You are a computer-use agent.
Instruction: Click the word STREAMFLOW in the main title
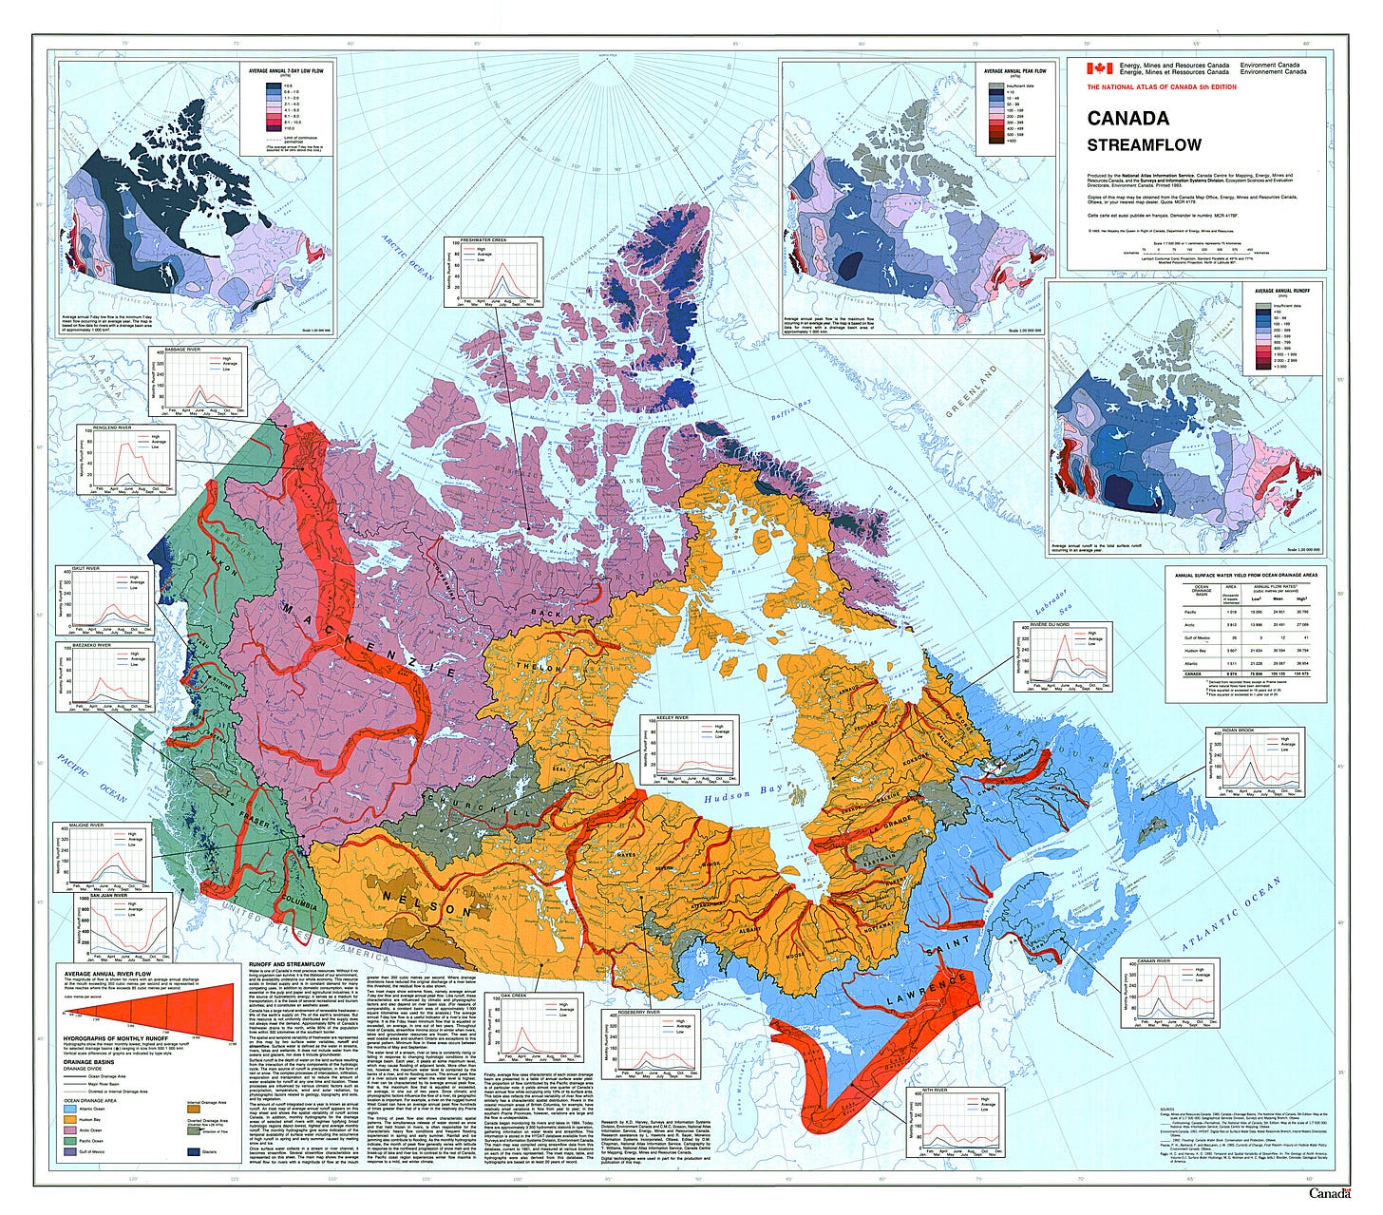coord(1144,145)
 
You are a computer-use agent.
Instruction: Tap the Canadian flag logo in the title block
coord(1098,68)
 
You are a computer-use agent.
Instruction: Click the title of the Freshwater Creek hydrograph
coord(483,240)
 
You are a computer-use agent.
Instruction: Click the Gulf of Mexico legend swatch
coord(72,1151)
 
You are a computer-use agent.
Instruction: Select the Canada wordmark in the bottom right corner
coord(1329,1193)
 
